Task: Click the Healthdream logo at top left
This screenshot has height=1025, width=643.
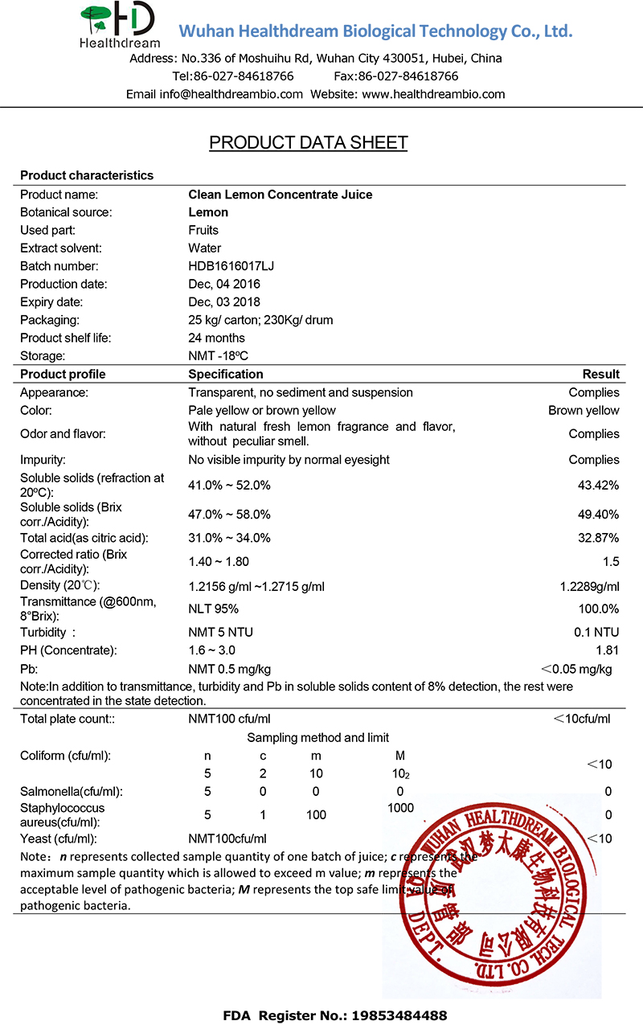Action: click(119, 24)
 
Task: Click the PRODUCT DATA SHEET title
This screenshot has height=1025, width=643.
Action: click(309, 143)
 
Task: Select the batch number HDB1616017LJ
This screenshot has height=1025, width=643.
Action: click(232, 266)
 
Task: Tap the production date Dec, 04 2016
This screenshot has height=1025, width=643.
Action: click(224, 284)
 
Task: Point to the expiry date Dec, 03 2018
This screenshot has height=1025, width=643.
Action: click(224, 302)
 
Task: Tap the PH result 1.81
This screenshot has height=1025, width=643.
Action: click(608, 650)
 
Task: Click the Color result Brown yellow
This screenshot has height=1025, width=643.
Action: click(584, 411)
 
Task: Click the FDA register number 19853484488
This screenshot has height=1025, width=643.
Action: click(393, 1015)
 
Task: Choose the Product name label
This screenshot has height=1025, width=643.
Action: click(59, 195)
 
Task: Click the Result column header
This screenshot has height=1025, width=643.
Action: click(600, 374)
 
